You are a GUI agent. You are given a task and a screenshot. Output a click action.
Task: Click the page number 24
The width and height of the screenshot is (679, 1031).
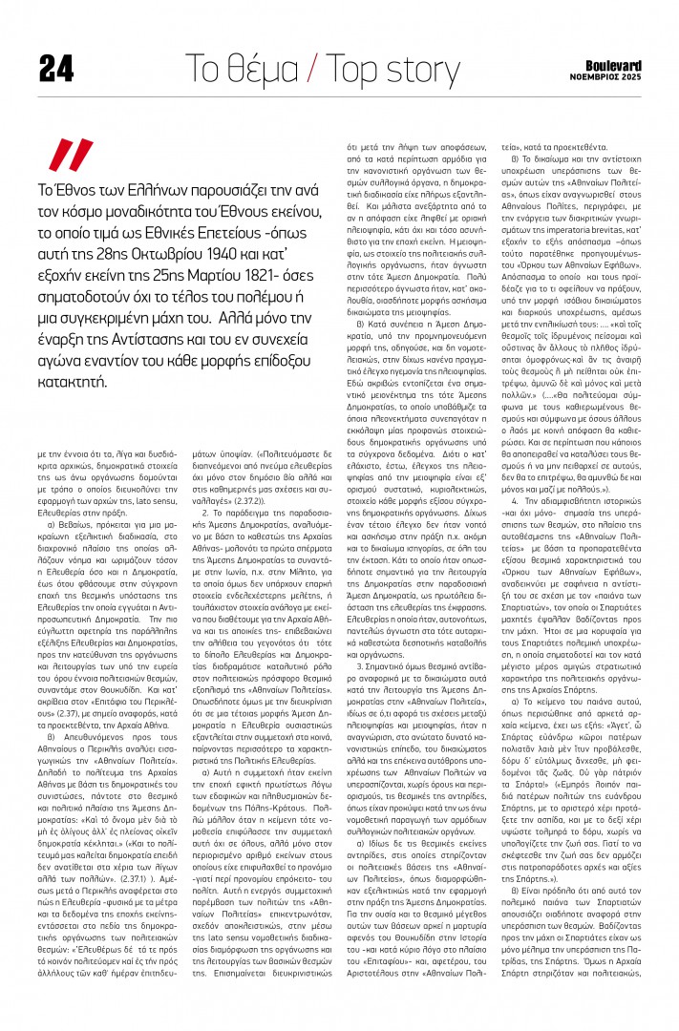pyautogui.click(x=56, y=69)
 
